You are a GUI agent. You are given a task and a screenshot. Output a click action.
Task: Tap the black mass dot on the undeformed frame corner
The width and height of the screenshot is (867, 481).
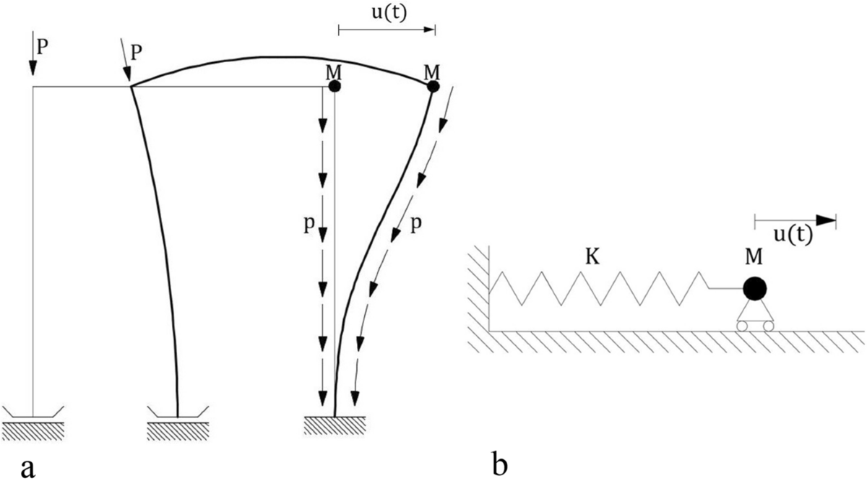click(x=334, y=87)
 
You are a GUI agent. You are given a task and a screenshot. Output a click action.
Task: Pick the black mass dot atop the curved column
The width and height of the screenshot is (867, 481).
click(x=433, y=87)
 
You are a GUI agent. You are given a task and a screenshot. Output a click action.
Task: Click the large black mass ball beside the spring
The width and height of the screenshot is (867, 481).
click(x=754, y=288)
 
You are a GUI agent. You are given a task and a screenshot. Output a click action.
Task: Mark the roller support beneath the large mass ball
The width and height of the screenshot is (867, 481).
click(x=754, y=318)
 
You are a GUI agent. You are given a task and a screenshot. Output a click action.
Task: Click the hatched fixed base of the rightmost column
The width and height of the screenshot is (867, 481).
click(x=335, y=425)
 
